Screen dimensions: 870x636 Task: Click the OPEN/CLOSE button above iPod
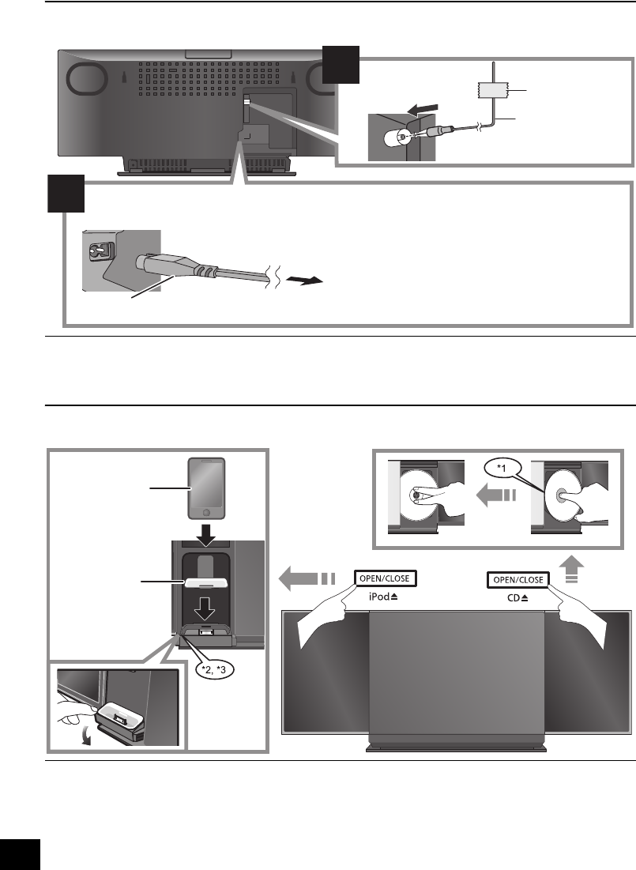tap(384, 579)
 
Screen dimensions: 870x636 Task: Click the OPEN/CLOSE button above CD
tap(517, 579)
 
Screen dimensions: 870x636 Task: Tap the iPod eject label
tap(384, 598)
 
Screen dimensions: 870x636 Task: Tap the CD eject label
tap(517, 598)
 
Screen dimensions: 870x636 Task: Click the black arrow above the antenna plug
tap(418, 108)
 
